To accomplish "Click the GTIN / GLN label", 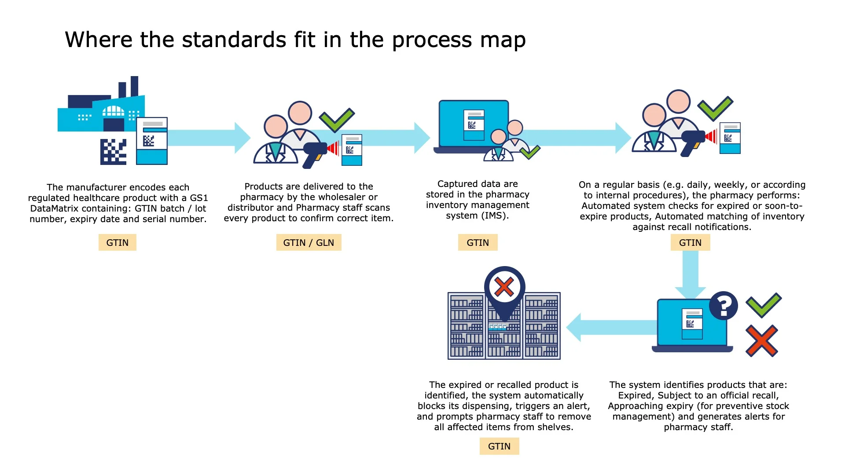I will click(309, 242).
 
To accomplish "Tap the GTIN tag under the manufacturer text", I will click(117, 242).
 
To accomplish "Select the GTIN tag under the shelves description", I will click(499, 446).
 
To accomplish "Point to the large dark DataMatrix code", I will click(113, 152).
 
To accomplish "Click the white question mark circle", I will click(723, 305).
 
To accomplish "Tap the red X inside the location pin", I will click(504, 287).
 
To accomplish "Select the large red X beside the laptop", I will click(762, 341).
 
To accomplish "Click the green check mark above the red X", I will click(764, 304).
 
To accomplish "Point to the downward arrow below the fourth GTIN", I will click(690, 275).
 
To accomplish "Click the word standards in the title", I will click(234, 40).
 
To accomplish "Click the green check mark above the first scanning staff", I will click(337, 119).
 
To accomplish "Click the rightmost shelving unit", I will click(541, 326).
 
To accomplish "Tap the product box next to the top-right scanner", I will click(730, 138).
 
